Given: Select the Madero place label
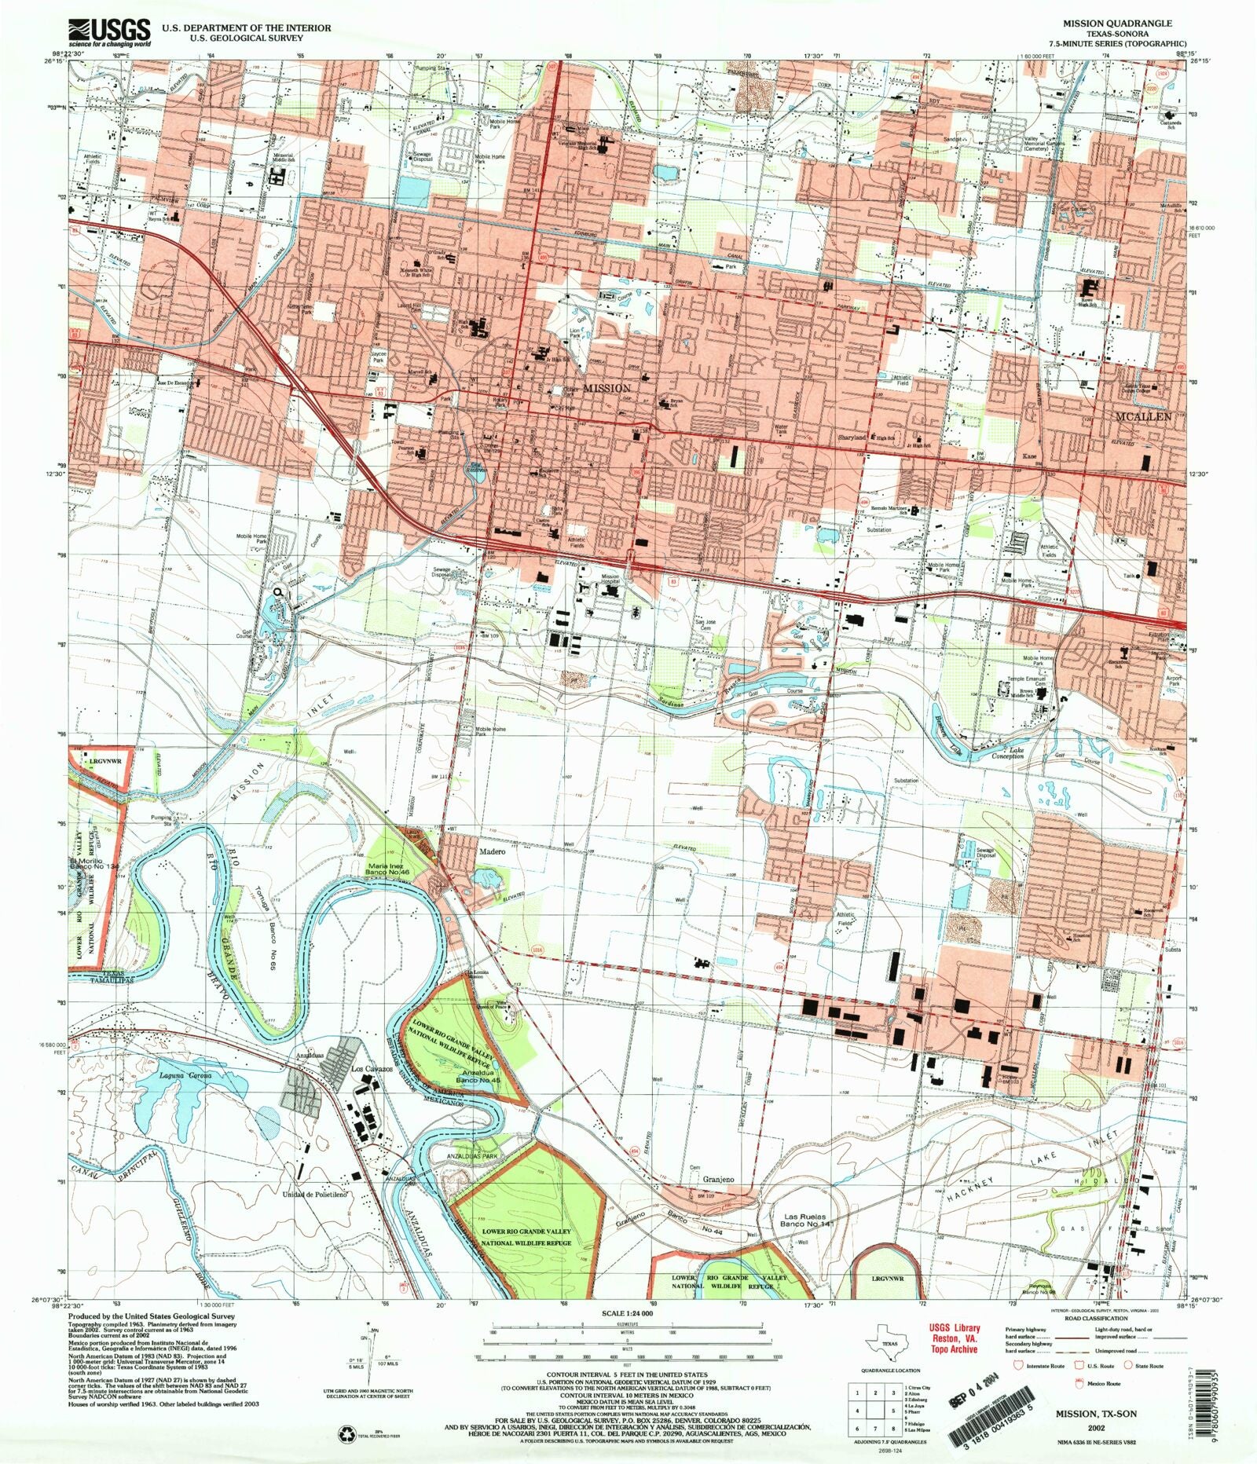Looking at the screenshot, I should click(x=490, y=850).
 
